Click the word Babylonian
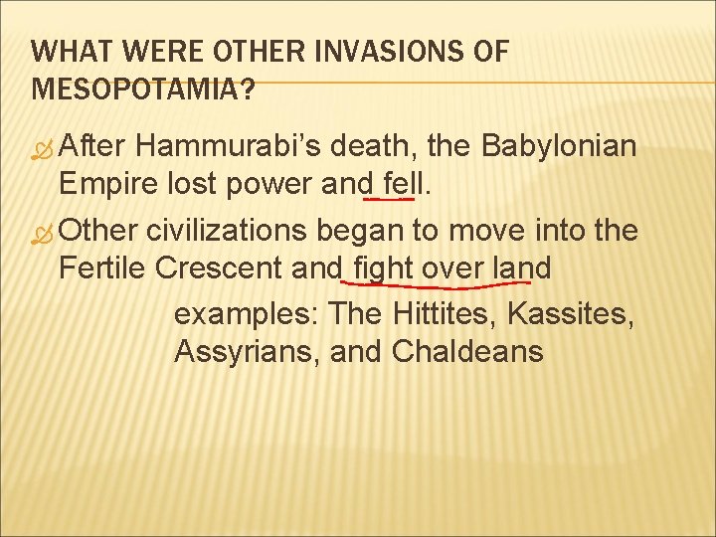pyautogui.click(x=559, y=146)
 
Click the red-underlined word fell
pyautogui.click(x=393, y=186)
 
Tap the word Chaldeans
pyautogui.click(x=467, y=351)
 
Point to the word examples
pyautogui.click(x=246, y=315)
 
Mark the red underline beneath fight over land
pyautogui.click(x=447, y=285)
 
